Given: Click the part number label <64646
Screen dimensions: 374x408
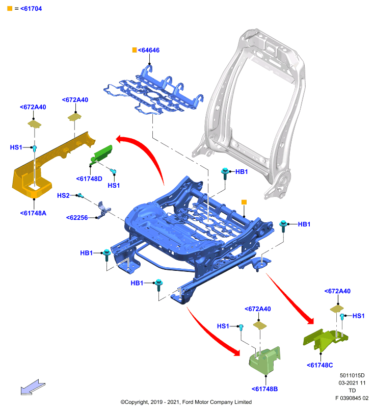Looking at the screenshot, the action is [149, 50].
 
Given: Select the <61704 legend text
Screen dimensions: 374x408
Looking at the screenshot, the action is [31, 9].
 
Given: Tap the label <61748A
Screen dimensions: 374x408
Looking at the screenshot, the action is [33, 213].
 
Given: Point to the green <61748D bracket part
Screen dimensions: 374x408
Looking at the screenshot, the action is [101, 155].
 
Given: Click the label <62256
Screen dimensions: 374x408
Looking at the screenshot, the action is [77, 218].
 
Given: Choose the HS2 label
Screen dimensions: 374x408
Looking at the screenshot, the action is [63, 195].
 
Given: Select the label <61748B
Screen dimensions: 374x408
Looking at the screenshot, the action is [264, 389].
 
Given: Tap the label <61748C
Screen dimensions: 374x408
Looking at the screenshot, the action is [319, 365].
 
